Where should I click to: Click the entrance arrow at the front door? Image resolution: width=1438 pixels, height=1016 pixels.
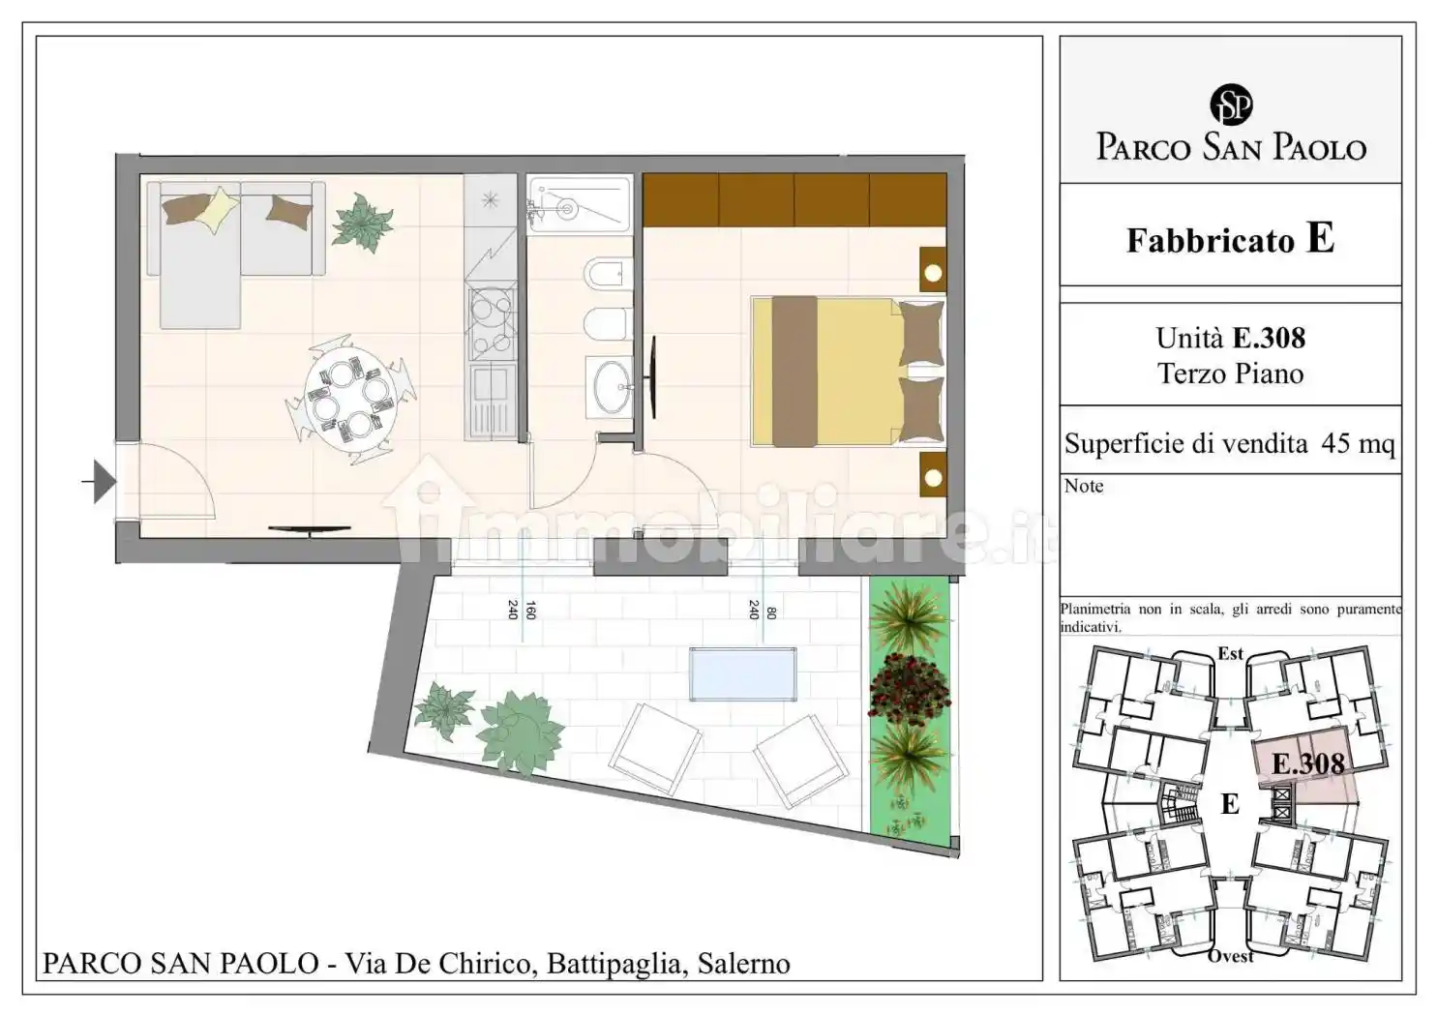[x=102, y=481]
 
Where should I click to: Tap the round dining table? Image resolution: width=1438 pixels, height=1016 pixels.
[x=350, y=397]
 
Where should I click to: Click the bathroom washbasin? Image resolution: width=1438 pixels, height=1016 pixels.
[x=610, y=386]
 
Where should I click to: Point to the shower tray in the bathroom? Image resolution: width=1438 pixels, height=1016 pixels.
[x=579, y=204]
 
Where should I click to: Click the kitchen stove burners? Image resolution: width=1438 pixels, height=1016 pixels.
[x=491, y=324]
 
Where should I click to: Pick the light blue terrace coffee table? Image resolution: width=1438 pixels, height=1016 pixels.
[x=742, y=673]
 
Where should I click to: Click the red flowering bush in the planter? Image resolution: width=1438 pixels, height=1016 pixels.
[x=909, y=689]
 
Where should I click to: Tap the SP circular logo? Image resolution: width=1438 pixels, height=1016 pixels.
[x=1231, y=105]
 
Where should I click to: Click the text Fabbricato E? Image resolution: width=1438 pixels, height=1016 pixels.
[x=1230, y=239]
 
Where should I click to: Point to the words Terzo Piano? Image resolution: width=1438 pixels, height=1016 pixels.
[x=1230, y=374]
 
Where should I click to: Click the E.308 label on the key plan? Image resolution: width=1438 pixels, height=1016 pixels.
[x=1307, y=763]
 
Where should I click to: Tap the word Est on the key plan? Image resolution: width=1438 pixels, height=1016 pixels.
[x=1230, y=654]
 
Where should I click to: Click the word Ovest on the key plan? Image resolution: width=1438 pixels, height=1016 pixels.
[x=1230, y=956]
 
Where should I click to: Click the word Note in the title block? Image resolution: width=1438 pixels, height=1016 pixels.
[x=1084, y=486]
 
